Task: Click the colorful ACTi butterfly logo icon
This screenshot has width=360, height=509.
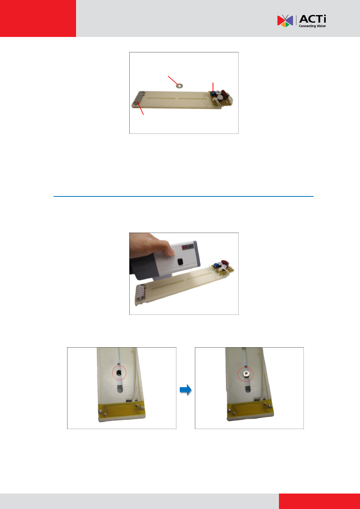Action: tap(285, 21)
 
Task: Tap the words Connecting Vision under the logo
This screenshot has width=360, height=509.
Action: tap(312, 26)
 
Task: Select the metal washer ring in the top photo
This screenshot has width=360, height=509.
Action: tap(180, 86)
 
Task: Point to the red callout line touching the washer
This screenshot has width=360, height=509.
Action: tap(173, 80)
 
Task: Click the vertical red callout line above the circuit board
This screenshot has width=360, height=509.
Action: tap(213, 87)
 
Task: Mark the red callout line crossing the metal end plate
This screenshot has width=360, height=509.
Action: tap(140, 108)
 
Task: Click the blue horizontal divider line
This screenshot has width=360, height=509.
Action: tap(184, 196)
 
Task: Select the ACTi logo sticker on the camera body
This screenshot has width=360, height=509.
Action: tap(188, 246)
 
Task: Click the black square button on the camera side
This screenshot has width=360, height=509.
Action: tap(180, 262)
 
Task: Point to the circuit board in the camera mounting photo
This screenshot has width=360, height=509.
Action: tap(223, 268)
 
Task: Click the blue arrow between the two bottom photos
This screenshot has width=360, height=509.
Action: tap(186, 390)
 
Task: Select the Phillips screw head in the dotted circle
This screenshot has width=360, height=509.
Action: tap(246, 373)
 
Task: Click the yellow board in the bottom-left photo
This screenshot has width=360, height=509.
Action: tap(121, 411)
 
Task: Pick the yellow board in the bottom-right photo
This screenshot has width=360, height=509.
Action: tap(250, 411)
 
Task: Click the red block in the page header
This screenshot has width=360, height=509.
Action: tap(38, 18)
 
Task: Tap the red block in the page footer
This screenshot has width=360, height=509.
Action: tap(319, 501)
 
